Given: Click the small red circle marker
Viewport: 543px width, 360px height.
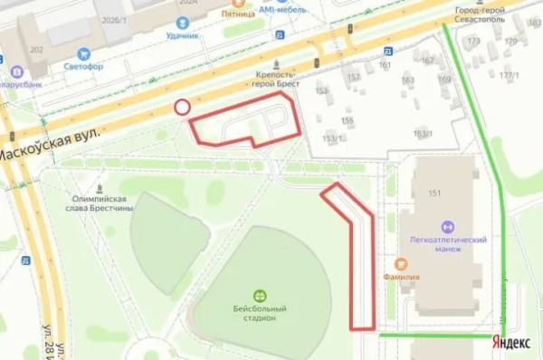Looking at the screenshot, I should (x=182, y=108).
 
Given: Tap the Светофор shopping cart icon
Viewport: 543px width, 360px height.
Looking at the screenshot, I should (x=84, y=53).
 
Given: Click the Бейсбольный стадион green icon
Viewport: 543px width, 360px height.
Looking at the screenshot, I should (x=261, y=296).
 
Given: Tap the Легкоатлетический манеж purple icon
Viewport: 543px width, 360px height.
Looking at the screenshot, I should (x=446, y=226).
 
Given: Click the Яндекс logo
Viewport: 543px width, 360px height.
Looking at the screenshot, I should (x=511, y=342).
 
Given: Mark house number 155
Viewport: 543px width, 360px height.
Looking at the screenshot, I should (x=347, y=120).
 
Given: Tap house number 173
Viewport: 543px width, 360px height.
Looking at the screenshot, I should (x=473, y=42).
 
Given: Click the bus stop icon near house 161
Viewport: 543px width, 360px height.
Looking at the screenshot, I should (x=387, y=52).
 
